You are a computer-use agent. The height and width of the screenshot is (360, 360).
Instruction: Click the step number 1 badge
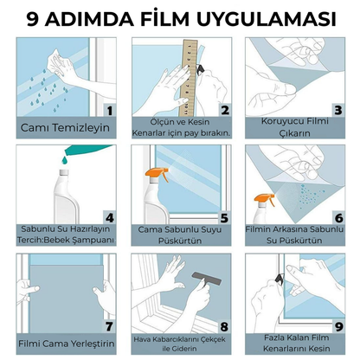pos(108,110)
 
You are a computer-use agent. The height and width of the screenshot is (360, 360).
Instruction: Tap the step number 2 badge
pos(224,110)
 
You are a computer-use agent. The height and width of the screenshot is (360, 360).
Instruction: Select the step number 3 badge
pos(338,110)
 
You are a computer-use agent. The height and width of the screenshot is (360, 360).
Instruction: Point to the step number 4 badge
pos(108,216)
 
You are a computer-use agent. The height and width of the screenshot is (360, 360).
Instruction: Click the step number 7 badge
pos(108,326)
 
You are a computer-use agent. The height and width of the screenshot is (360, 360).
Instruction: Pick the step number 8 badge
pos(224,326)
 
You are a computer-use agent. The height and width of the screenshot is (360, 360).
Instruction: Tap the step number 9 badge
pos(338,326)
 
